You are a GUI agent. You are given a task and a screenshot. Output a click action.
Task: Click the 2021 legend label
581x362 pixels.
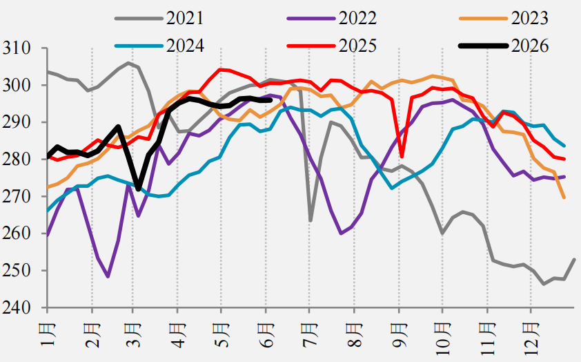184,18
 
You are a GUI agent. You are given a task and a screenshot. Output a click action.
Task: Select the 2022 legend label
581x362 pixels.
357,18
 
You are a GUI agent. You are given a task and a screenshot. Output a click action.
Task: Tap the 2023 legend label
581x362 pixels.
530,18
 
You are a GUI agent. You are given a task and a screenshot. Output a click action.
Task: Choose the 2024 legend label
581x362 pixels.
184,46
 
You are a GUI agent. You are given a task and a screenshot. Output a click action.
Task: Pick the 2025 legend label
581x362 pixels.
357,46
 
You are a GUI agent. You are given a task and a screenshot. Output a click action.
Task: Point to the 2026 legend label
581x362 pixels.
530,46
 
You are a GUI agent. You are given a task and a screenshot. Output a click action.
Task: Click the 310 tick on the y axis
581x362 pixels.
17,48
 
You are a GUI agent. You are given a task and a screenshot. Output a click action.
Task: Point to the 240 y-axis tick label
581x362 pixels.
17,307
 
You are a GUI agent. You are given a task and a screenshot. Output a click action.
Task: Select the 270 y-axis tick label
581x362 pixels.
17,196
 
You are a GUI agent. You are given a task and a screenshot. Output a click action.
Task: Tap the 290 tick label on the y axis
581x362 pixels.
17,122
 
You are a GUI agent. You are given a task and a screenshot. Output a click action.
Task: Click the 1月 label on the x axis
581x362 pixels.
48,334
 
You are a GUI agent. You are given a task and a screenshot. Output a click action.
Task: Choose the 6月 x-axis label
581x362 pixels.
266,334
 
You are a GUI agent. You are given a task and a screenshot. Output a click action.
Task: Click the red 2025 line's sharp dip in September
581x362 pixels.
402,157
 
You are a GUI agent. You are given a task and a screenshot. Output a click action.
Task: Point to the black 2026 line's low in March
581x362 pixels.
138,189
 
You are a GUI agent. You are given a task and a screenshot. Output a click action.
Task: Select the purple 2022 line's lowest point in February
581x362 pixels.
108,277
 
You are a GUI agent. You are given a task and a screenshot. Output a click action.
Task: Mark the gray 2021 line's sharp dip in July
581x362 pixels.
310,220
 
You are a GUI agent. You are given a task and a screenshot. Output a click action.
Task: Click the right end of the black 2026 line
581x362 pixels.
271,100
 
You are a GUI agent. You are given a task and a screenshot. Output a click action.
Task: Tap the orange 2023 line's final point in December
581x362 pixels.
564,198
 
